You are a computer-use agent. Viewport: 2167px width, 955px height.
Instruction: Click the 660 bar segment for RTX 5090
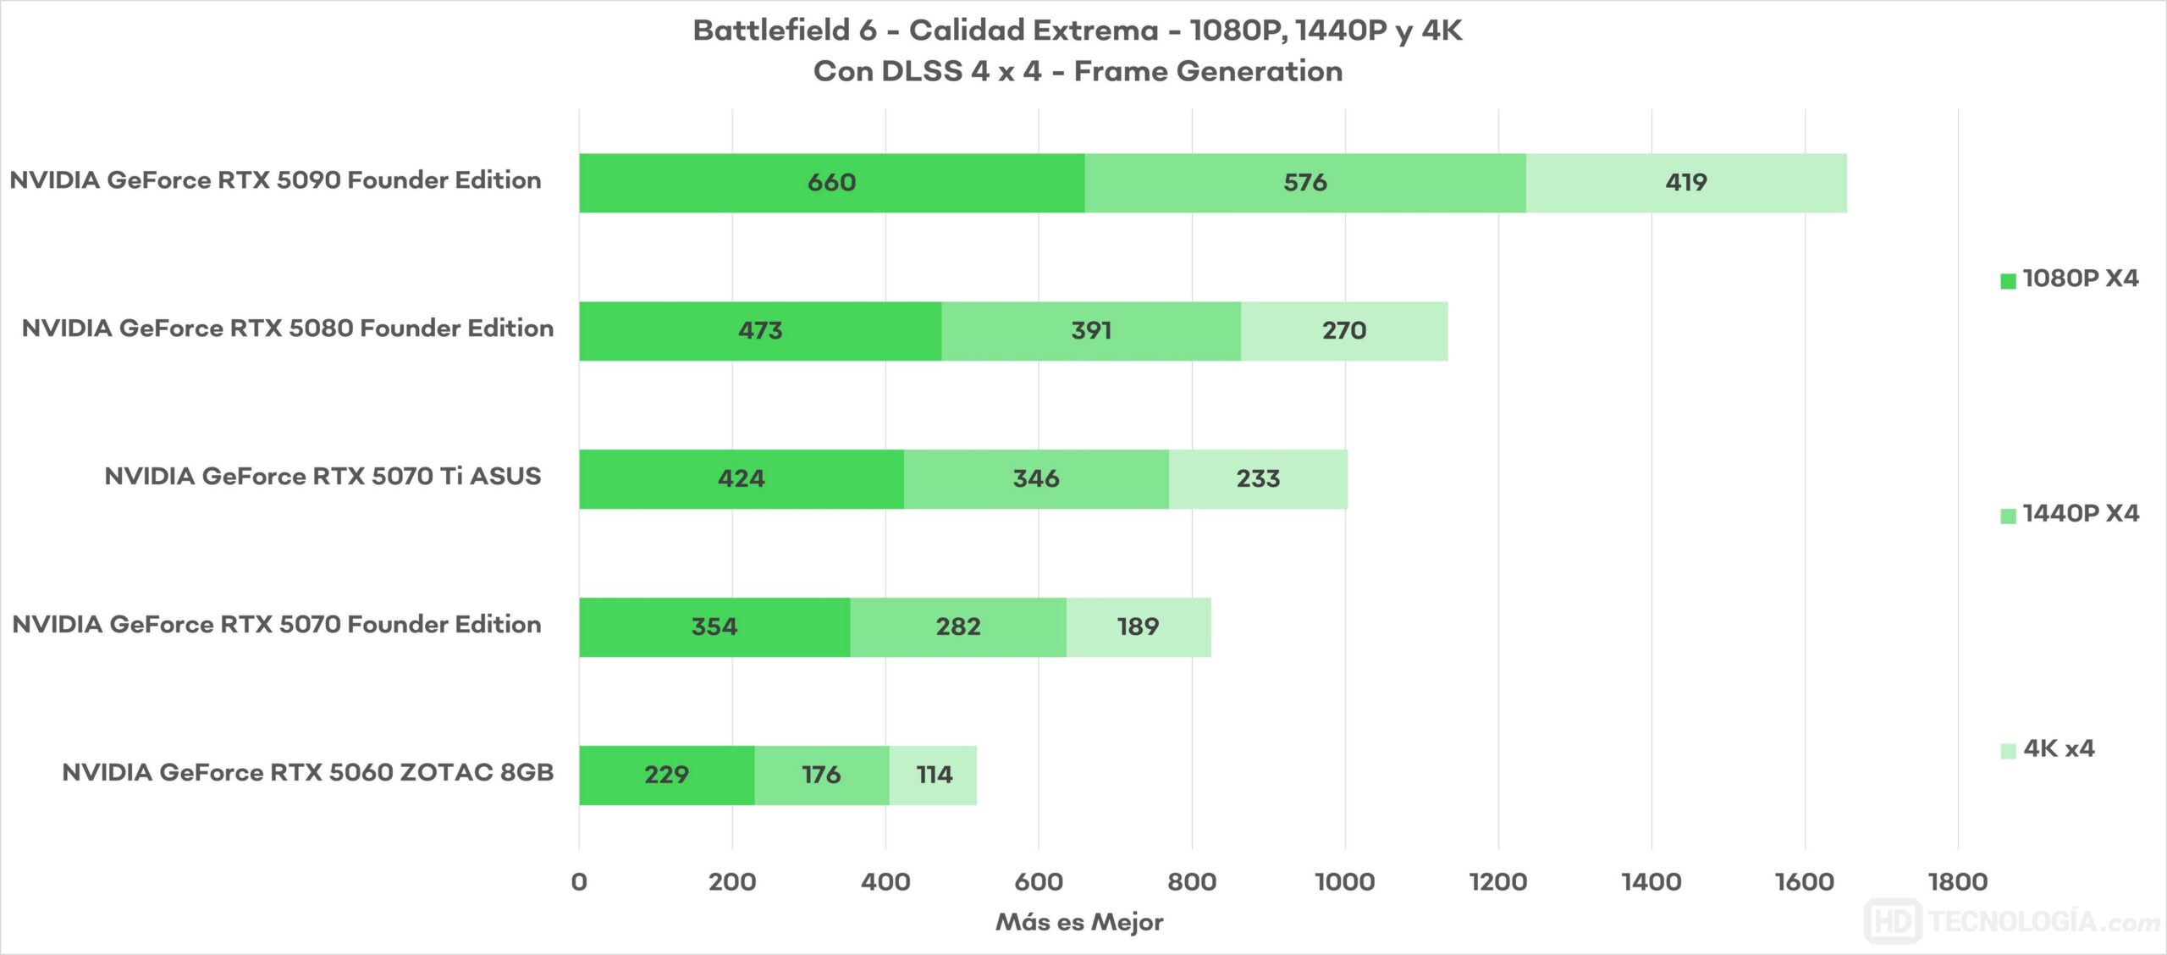coord(831,183)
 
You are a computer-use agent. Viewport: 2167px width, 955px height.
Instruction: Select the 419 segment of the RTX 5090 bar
coord(1685,183)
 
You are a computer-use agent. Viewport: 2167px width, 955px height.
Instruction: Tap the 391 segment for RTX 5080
coord(1090,331)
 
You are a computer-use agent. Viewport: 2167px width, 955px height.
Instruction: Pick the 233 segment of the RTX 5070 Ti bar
coord(1258,479)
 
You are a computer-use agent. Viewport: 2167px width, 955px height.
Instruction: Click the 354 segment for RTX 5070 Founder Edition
coord(714,627)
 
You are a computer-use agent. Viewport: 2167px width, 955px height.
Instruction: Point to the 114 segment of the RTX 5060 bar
coord(933,776)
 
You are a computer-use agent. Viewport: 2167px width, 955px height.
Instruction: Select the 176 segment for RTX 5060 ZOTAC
coord(821,776)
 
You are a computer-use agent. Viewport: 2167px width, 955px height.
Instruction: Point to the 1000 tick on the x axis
coord(1344,882)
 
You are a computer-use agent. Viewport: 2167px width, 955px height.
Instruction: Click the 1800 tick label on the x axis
coord(1957,882)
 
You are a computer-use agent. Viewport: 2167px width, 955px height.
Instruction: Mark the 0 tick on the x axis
coord(579,882)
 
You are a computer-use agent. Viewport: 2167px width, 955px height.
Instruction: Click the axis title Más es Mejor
coord(1078,922)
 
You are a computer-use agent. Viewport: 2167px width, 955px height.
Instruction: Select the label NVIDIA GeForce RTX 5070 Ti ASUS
coord(323,477)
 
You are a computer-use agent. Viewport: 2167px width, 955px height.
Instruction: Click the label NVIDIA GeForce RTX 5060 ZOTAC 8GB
coord(307,773)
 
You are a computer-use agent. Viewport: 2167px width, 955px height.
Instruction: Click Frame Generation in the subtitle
coord(1208,71)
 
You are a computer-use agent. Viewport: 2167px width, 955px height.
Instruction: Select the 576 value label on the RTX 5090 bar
coord(1304,183)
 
